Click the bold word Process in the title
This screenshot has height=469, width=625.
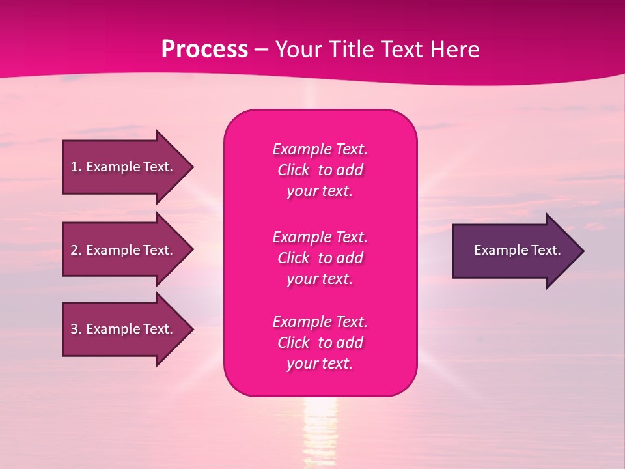pos(204,50)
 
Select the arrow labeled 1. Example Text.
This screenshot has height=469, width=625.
pos(124,167)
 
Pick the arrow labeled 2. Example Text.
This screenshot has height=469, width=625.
pos(124,250)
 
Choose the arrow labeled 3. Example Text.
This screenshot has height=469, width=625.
pos(124,329)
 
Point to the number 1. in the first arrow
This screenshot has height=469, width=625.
pos(76,167)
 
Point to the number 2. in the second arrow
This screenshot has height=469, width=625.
pos(76,250)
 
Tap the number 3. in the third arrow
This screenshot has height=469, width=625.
pos(76,329)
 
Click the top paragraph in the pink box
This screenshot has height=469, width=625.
pos(320,170)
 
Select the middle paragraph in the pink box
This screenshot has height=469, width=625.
pos(320,257)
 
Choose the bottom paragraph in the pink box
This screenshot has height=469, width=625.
pos(320,343)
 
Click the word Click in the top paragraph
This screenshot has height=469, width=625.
pos(293,170)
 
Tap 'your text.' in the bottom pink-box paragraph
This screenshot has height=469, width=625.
pos(320,364)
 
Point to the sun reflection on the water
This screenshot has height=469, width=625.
pos(320,423)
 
